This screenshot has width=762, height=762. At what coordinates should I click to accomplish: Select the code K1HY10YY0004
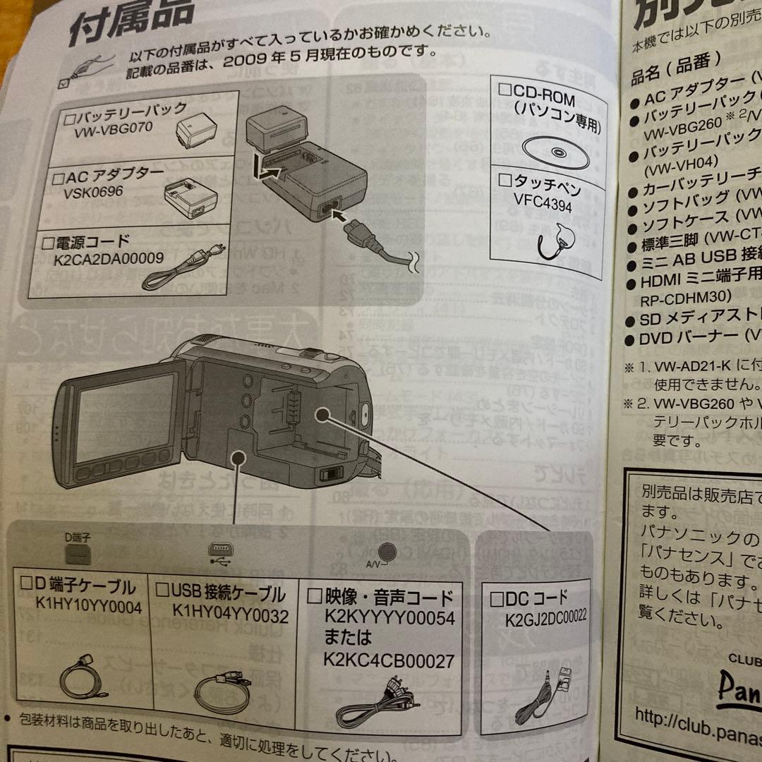coord(89,606)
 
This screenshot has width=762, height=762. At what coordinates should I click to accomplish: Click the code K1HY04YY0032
coord(230,616)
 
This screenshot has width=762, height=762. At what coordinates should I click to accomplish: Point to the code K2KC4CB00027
coord(389,660)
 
